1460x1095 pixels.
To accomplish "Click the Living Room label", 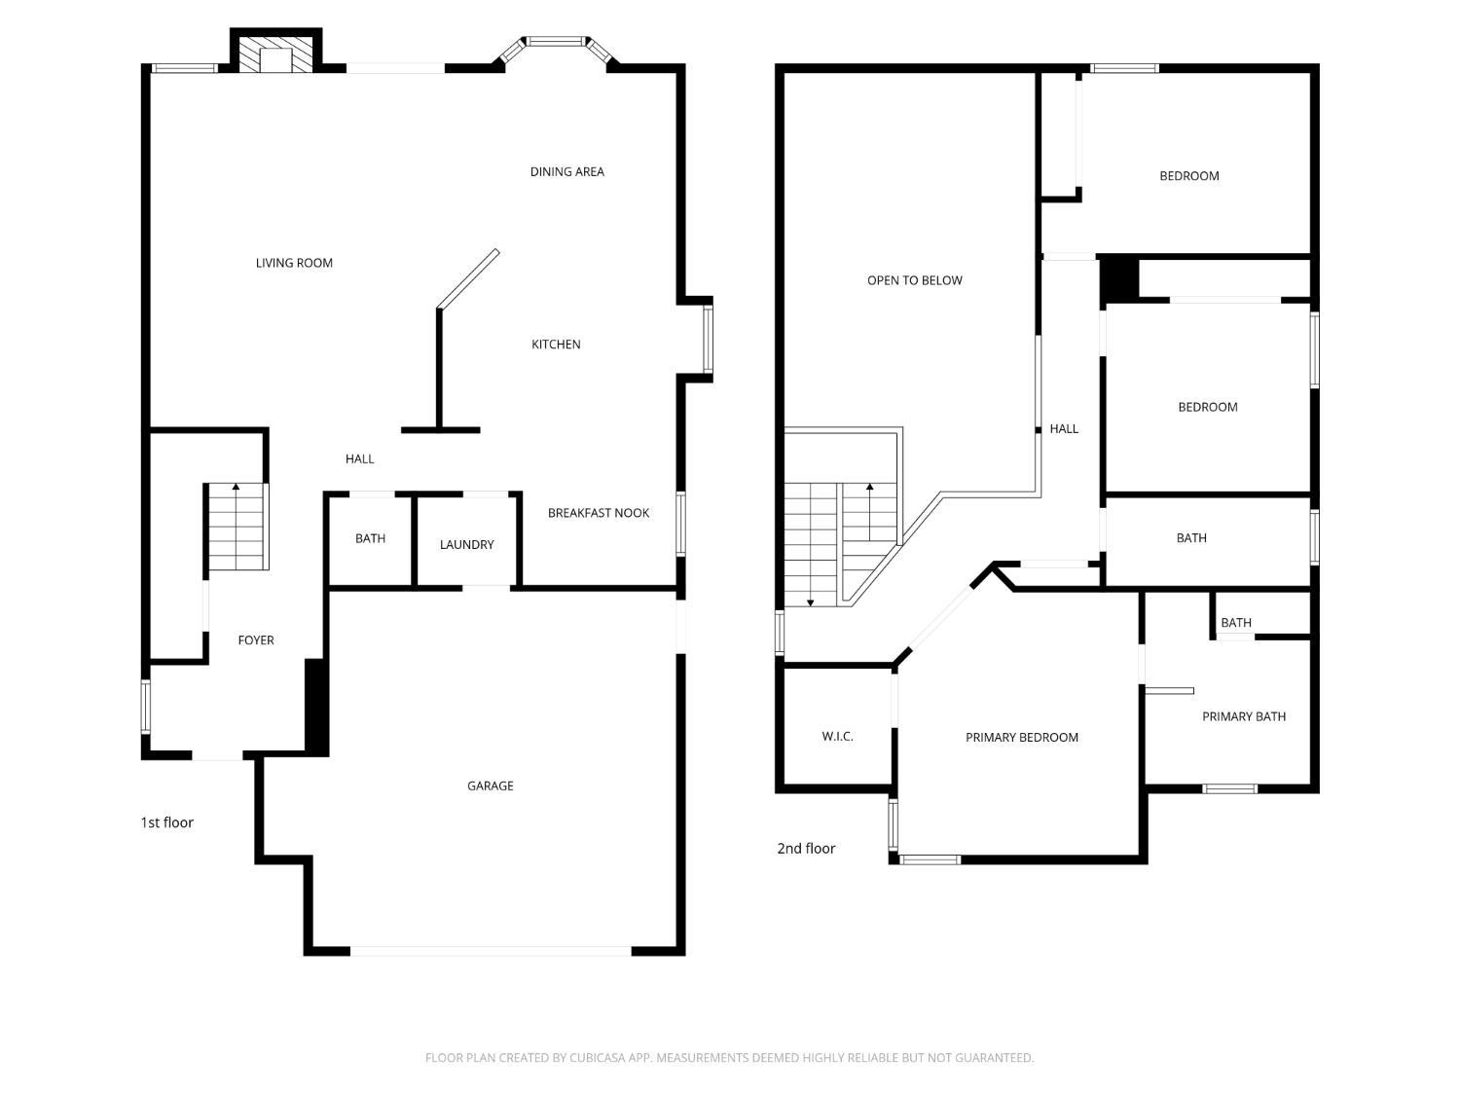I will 294,263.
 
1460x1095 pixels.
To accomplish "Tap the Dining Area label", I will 566,171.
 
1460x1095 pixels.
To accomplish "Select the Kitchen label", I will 556,345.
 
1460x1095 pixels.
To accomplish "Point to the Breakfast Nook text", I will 598,513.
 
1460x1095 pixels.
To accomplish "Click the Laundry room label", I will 466,545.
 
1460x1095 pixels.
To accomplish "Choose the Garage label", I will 490,785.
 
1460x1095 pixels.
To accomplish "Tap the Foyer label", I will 256,640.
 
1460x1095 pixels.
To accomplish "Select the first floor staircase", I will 237,528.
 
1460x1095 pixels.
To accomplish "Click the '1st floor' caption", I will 166,822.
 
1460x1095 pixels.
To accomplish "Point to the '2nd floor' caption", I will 806,849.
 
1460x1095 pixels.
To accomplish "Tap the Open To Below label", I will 914,280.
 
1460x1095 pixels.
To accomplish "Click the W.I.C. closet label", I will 837,737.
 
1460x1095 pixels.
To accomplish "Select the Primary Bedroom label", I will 1021,738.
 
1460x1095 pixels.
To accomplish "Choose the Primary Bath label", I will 1243,716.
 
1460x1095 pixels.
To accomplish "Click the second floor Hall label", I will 1063,428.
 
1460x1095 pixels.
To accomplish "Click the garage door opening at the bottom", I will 491,951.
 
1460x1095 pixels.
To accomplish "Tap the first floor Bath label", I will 370,538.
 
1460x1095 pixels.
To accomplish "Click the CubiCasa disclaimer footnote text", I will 729,1058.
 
